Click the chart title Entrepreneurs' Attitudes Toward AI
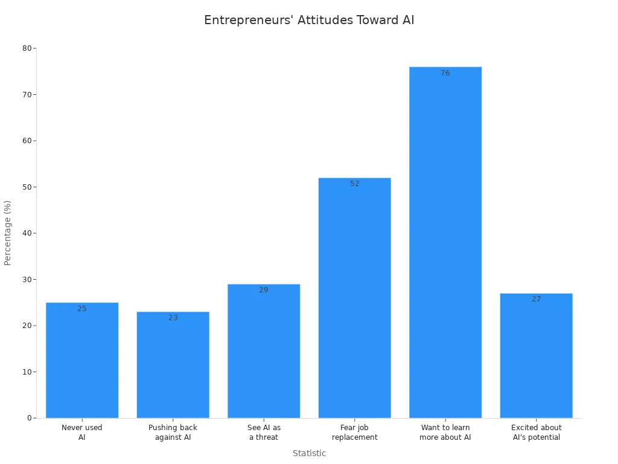pyautogui.click(x=309, y=21)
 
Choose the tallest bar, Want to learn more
pyautogui.click(x=445, y=242)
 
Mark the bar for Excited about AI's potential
pyautogui.click(x=536, y=356)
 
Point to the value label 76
pyautogui.click(x=445, y=73)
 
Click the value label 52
pyautogui.click(x=355, y=184)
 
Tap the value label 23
pyautogui.click(x=173, y=318)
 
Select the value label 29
pyautogui.click(x=264, y=290)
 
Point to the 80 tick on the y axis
pyautogui.click(x=27, y=48)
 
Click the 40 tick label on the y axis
pyautogui.click(x=27, y=233)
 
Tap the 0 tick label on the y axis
pyautogui.click(x=29, y=418)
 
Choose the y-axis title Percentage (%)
pyautogui.click(x=8, y=233)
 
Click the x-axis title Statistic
pyautogui.click(x=309, y=454)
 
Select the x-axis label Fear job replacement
pyautogui.click(x=355, y=433)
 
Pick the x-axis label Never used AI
pyautogui.click(x=82, y=433)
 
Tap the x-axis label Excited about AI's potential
pyautogui.click(x=536, y=433)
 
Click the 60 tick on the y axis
pyautogui.click(x=27, y=141)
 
